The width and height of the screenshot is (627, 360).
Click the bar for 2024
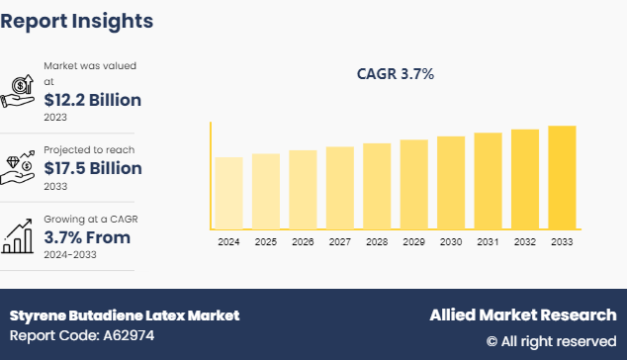(227, 194)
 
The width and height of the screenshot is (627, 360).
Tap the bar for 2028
(376, 187)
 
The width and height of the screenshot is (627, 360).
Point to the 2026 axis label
(303, 241)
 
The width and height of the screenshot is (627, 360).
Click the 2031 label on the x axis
(488, 241)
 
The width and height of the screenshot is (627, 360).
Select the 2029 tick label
(413, 241)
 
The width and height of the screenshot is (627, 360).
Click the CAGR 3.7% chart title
(395, 74)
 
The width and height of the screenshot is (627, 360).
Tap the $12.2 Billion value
(92, 100)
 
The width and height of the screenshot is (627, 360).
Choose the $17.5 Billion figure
(93, 168)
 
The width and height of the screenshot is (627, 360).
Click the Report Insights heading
(77, 20)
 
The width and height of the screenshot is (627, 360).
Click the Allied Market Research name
(522, 315)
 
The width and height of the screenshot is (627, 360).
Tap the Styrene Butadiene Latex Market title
(125, 315)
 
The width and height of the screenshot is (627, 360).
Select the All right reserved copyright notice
(551, 340)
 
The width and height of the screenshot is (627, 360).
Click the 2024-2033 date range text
(72, 254)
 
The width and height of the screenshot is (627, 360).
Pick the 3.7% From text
(87, 237)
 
